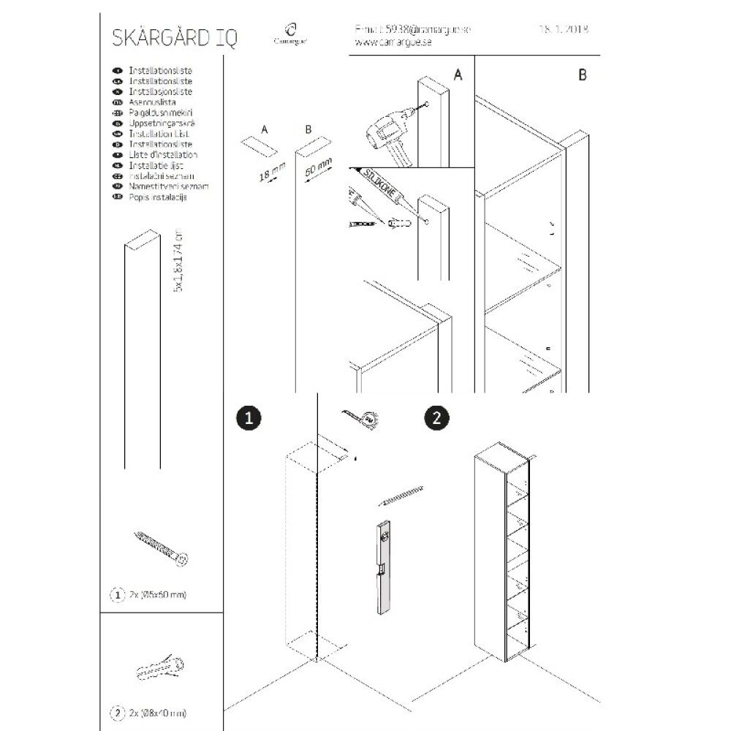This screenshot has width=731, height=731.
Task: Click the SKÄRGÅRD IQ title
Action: (x=174, y=37)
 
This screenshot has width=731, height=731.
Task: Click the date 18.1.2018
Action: (x=564, y=30)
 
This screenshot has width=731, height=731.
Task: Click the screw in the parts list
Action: (x=160, y=549)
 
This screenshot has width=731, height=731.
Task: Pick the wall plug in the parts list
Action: (x=159, y=670)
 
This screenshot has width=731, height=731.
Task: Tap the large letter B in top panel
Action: (x=582, y=75)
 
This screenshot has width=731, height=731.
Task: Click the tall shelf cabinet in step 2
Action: (x=503, y=555)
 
